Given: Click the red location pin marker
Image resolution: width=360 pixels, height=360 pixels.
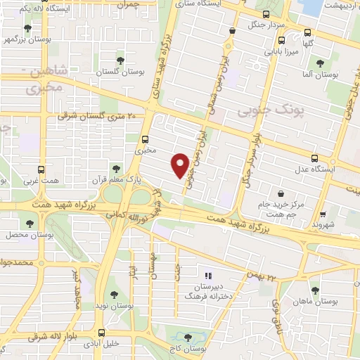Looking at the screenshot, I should pos(181,164).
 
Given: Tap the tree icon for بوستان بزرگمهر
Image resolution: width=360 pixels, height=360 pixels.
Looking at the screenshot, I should pos(27,29).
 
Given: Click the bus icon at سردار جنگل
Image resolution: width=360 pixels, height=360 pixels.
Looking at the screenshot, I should pos(266,13).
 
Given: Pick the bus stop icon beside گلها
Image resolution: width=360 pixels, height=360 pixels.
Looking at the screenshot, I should pos(307,32).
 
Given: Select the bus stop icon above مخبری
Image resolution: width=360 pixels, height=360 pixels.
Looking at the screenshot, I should pos(145,139).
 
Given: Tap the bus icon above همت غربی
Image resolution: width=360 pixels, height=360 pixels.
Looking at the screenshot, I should pos(41,169).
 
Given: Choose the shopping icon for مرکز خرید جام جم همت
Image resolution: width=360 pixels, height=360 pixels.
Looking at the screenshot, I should pos(281,193).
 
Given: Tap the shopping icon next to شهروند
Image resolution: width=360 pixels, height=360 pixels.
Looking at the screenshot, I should pos(323,214).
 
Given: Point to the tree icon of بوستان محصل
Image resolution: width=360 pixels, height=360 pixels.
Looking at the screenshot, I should pos(29,224).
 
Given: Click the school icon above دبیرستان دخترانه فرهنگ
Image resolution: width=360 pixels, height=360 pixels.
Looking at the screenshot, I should pos(207,275).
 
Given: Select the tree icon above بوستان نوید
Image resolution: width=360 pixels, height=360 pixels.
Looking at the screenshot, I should pos(114,295).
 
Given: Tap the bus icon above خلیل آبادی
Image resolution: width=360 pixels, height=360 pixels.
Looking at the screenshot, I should pos(103,332).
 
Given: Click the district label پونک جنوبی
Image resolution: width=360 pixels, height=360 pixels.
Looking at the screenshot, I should pos(264,110).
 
